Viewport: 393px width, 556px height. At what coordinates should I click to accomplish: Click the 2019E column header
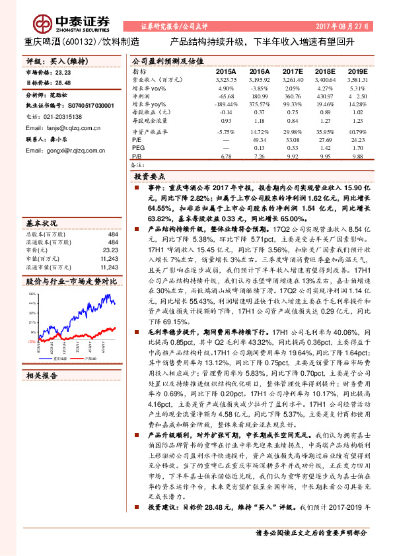coord(357,70)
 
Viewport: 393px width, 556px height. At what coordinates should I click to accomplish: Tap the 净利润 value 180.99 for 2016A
coord(259,96)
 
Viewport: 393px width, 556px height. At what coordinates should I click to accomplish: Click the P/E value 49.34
coord(260,140)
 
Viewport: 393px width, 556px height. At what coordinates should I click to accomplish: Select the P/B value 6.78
coord(227,156)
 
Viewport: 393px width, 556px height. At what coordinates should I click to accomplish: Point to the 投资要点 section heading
coord(150,178)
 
